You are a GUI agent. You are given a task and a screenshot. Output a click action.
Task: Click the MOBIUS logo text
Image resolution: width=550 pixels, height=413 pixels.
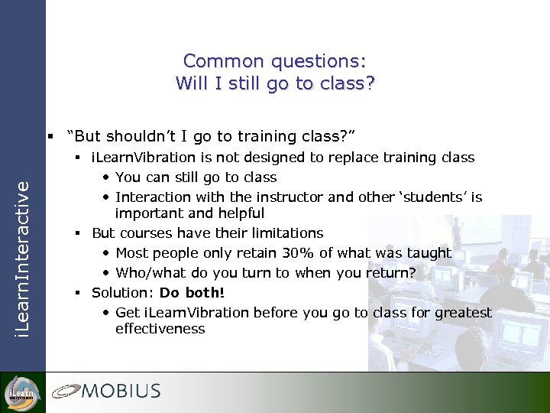(x=121, y=392)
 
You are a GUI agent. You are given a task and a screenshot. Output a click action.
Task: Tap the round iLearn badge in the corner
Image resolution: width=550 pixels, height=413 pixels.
(x=21, y=392)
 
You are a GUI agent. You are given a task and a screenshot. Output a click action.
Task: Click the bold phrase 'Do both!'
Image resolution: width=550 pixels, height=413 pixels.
(x=192, y=293)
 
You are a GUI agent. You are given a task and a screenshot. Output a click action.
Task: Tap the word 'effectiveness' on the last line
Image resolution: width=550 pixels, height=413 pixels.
(x=160, y=329)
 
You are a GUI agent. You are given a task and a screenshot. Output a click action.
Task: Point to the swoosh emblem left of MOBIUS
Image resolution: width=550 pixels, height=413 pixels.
(x=66, y=392)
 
